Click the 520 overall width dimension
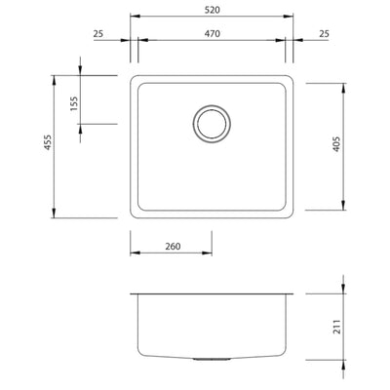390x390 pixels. (x=213, y=9)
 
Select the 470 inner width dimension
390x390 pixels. (x=213, y=34)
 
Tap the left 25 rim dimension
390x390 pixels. (x=98, y=34)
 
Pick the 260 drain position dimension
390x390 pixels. (x=172, y=247)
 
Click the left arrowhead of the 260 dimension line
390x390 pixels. (x=134, y=254)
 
